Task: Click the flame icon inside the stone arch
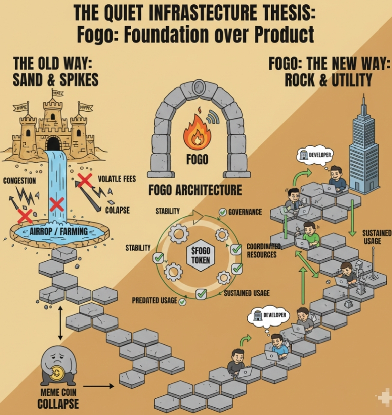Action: click(x=197, y=133)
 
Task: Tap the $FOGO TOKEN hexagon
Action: click(x=197, y=256)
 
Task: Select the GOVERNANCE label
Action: click(x=245, y=212)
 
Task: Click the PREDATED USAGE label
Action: click(x=155, y=301)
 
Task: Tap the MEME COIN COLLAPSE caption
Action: click(x=58, y=398)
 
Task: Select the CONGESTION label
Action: click(x=20, y=181)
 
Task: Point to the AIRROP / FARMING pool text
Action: click(x=59, y=232)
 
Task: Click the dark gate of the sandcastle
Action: click(x=54, y=143)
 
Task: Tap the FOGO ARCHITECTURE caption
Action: click(x=195, y=190)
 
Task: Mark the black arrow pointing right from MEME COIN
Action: click(x=99, y=386)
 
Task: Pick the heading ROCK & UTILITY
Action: click(x=329, y=80)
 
